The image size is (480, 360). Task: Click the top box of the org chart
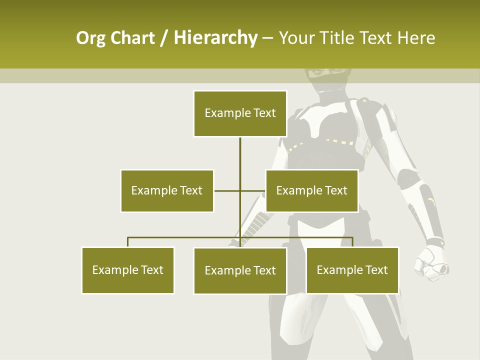tap(240, 113)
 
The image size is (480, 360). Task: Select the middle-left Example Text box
tap(167, 190)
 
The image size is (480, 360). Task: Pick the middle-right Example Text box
tap(311, 190)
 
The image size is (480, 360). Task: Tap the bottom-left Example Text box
tap(128, 270)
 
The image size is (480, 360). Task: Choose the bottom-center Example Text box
tap(240, 270)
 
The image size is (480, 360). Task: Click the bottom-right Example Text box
tap(352, 270)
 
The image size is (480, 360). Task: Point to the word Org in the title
tap(90, 38)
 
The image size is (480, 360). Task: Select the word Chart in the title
tap(132, 38)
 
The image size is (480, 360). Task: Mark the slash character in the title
tap(164, 38)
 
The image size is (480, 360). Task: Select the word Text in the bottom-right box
tap(376, 270)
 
